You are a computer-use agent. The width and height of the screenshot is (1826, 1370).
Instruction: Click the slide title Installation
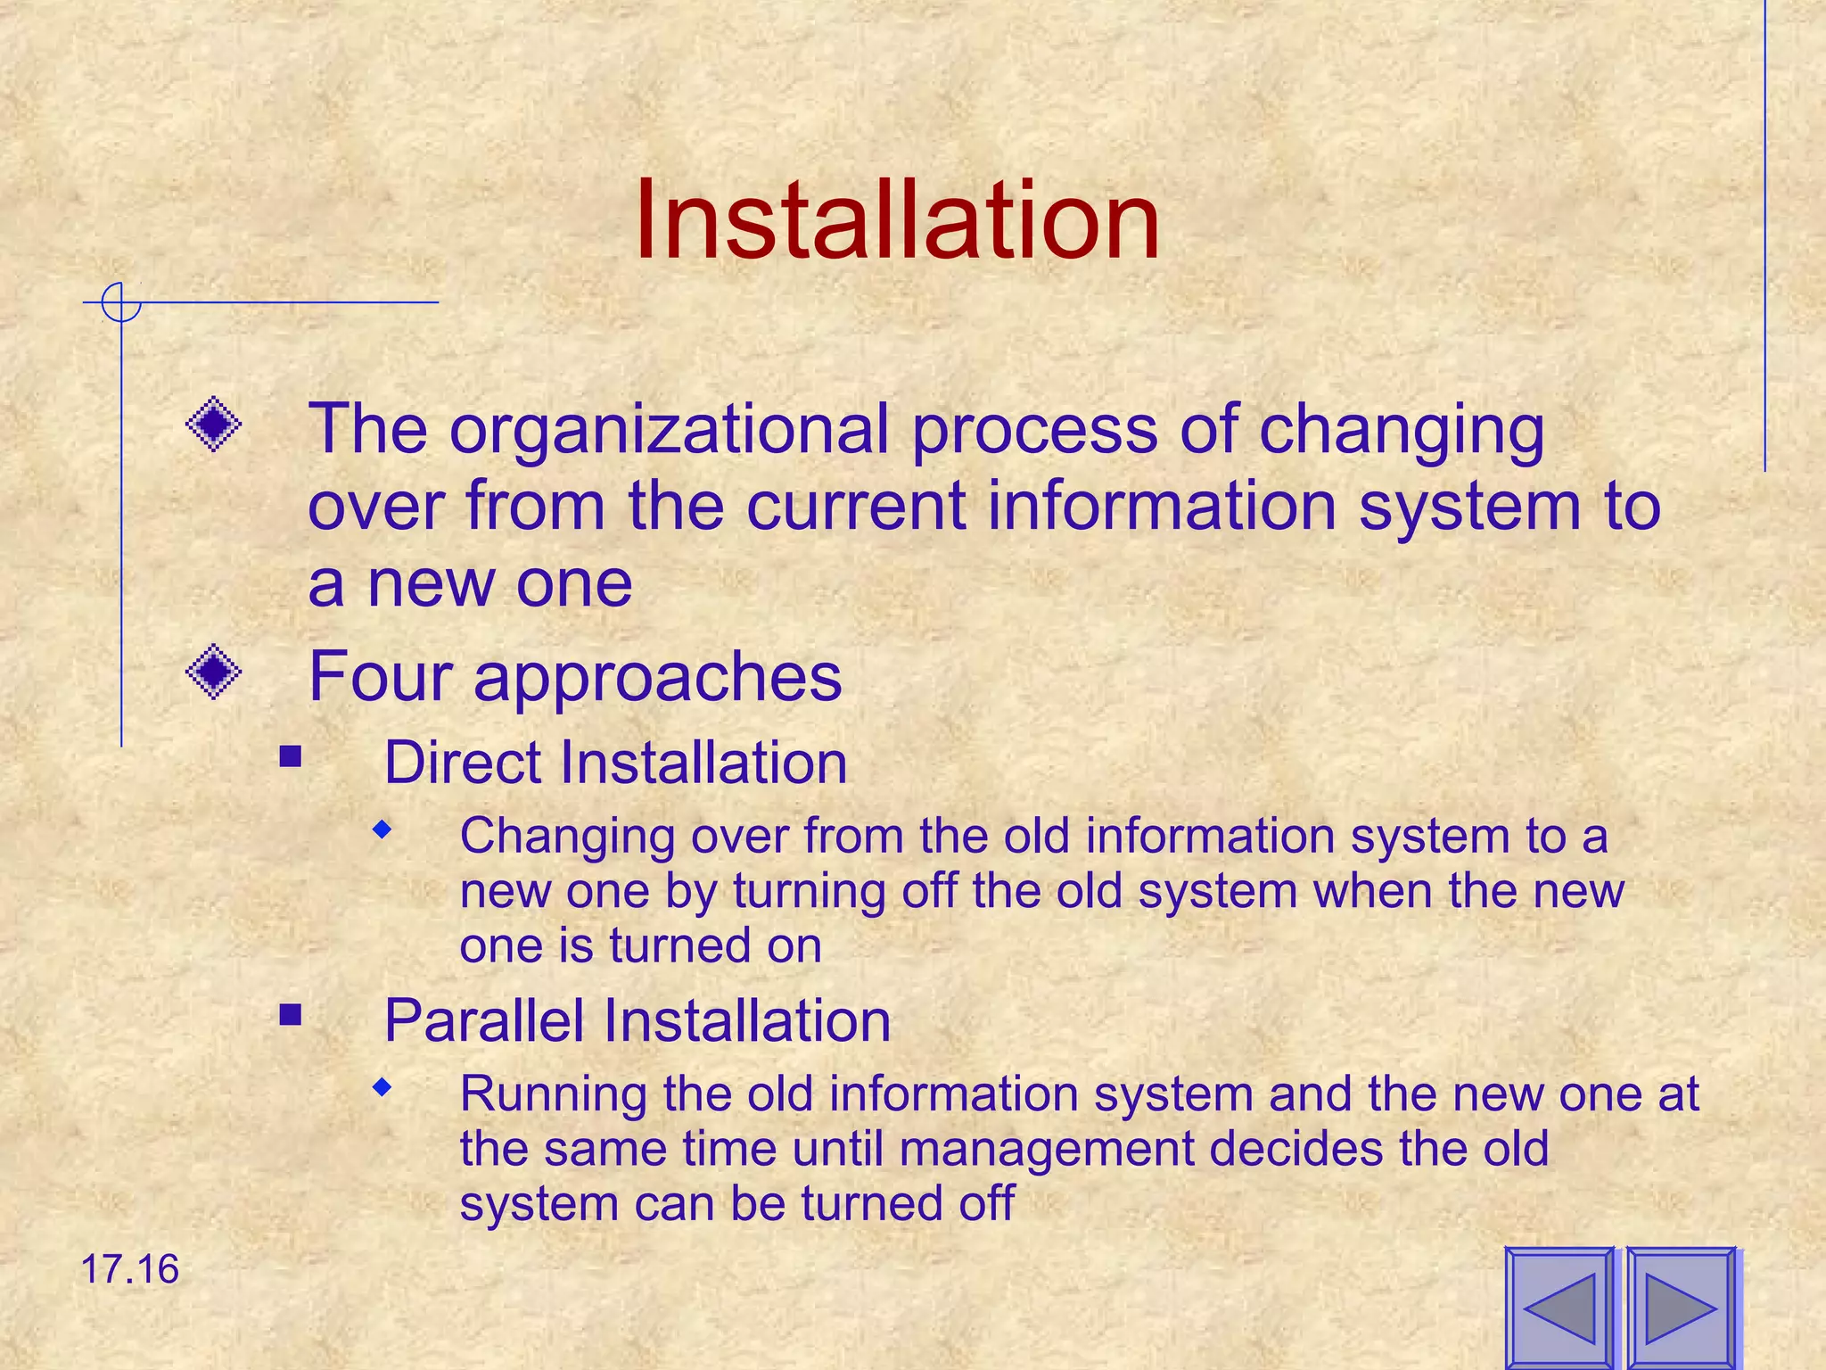click(x=897, y=220)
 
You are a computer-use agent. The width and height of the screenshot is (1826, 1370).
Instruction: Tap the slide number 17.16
click(x=130, y=1269)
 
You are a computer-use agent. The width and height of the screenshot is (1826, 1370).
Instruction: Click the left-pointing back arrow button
click(x=1559, y=1308)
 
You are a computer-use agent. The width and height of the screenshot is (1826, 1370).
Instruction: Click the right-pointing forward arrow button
click(x=1681, y=1308)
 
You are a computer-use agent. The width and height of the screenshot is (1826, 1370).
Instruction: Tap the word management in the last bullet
click(x=1047, y=1149)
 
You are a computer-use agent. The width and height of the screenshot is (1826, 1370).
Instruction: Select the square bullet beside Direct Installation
click(x=290, y=757)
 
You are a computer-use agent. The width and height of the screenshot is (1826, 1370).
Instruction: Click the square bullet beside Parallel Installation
click(x=290, y=1015)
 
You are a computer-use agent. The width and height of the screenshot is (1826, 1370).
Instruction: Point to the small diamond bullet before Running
click(x=382, y=1087)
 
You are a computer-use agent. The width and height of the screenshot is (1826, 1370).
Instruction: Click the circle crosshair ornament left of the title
click(x=120, y=302)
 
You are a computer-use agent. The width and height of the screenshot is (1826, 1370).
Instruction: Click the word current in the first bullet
click(x=856, y=507)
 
